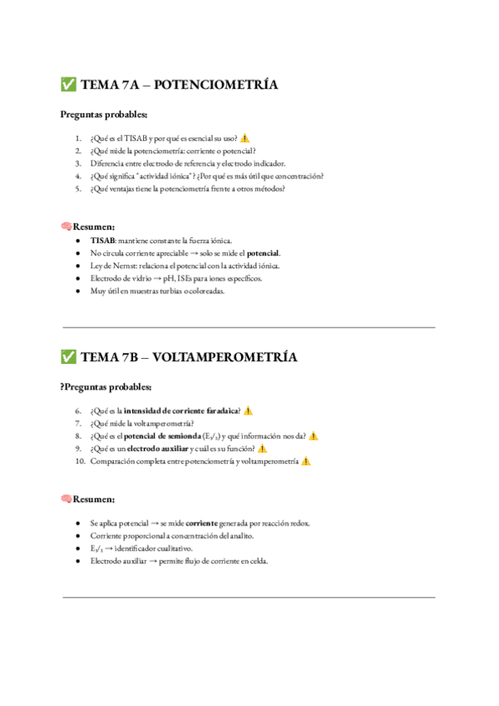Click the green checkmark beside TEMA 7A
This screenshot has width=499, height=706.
pos(68,84)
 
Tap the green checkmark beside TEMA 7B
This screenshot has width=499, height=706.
pos(68,357)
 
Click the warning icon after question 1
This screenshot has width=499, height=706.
pos(245,138)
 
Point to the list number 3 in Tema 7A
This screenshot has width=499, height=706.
pos(77,164)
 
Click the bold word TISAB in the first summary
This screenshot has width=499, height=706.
pos(102,241)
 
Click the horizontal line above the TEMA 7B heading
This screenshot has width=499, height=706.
pos(249,327)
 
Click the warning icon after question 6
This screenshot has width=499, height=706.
pos(248,410)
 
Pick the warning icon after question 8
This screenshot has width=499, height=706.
pos(314,435)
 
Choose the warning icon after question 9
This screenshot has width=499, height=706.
pos(263,448)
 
